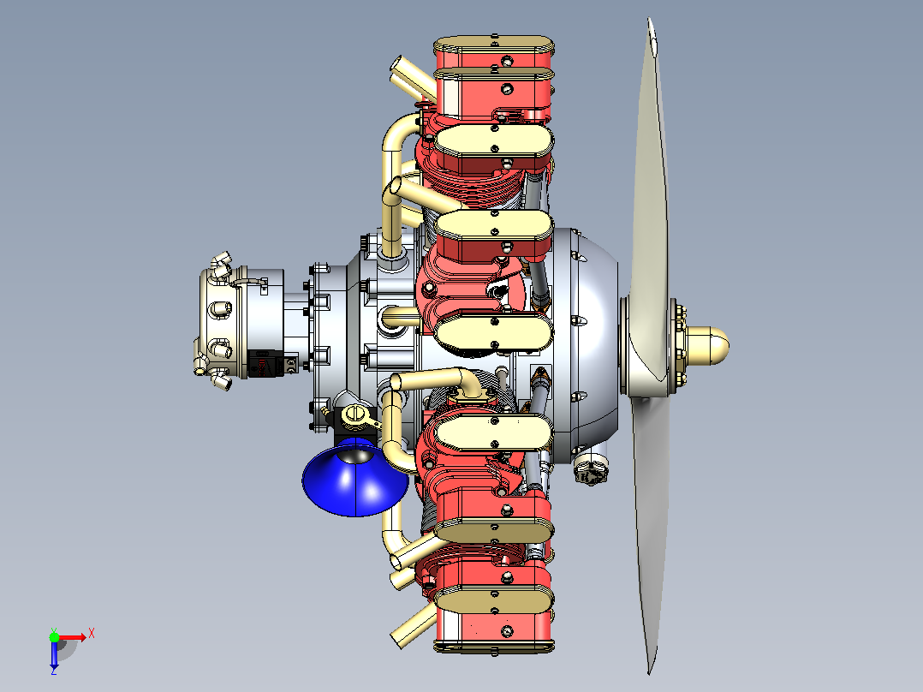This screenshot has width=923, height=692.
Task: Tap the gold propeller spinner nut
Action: tap(707, 345)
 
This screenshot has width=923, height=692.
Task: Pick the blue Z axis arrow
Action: tap(54, 653)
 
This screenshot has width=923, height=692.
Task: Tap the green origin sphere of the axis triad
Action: tap(54, 637)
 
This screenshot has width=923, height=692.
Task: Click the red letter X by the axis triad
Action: tap(92, 634)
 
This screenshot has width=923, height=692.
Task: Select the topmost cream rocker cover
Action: tap(493, 45)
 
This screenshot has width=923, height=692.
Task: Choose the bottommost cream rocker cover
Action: tap(493, 600)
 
